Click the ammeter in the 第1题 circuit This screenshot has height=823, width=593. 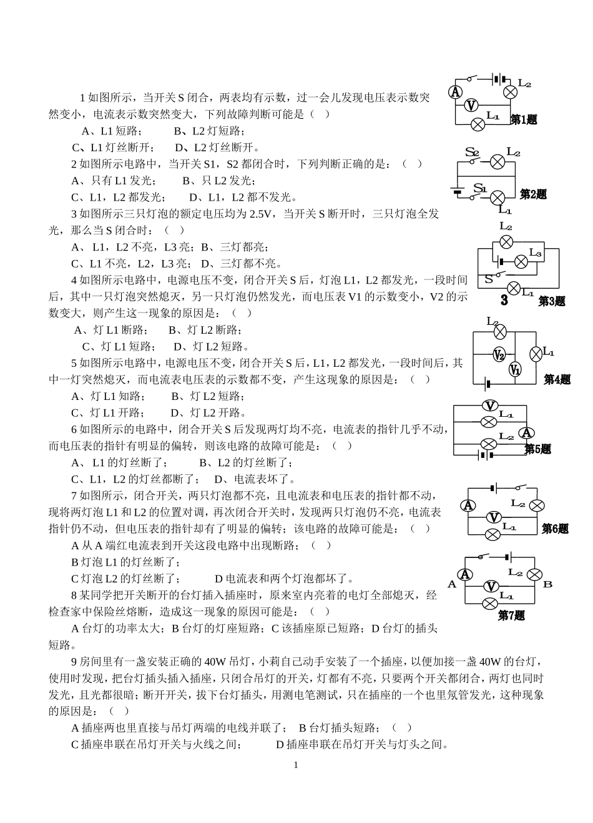(456, 91)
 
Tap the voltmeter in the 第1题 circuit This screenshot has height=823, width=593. (473, 106)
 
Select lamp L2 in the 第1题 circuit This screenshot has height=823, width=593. (510, 92)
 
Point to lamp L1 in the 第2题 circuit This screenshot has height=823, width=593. (497, 198)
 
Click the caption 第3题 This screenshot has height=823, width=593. (552, 301)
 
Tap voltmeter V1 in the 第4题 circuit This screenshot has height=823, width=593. (515, 370)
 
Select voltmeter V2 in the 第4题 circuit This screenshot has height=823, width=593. (499, 355)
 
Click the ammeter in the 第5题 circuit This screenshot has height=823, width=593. (527, 432)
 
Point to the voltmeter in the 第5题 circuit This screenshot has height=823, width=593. (490, 404)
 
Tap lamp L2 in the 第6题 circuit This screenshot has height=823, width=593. (536, 506)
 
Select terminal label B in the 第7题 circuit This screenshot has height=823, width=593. (547, 584)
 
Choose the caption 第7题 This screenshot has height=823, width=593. (511, 616)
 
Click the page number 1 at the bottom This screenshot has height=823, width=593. (296, 765)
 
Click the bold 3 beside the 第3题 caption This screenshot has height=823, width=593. (504, 301)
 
